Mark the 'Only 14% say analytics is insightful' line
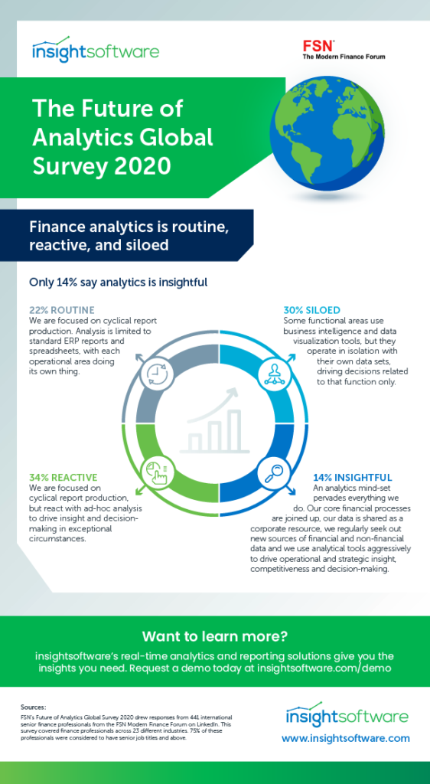118,282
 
